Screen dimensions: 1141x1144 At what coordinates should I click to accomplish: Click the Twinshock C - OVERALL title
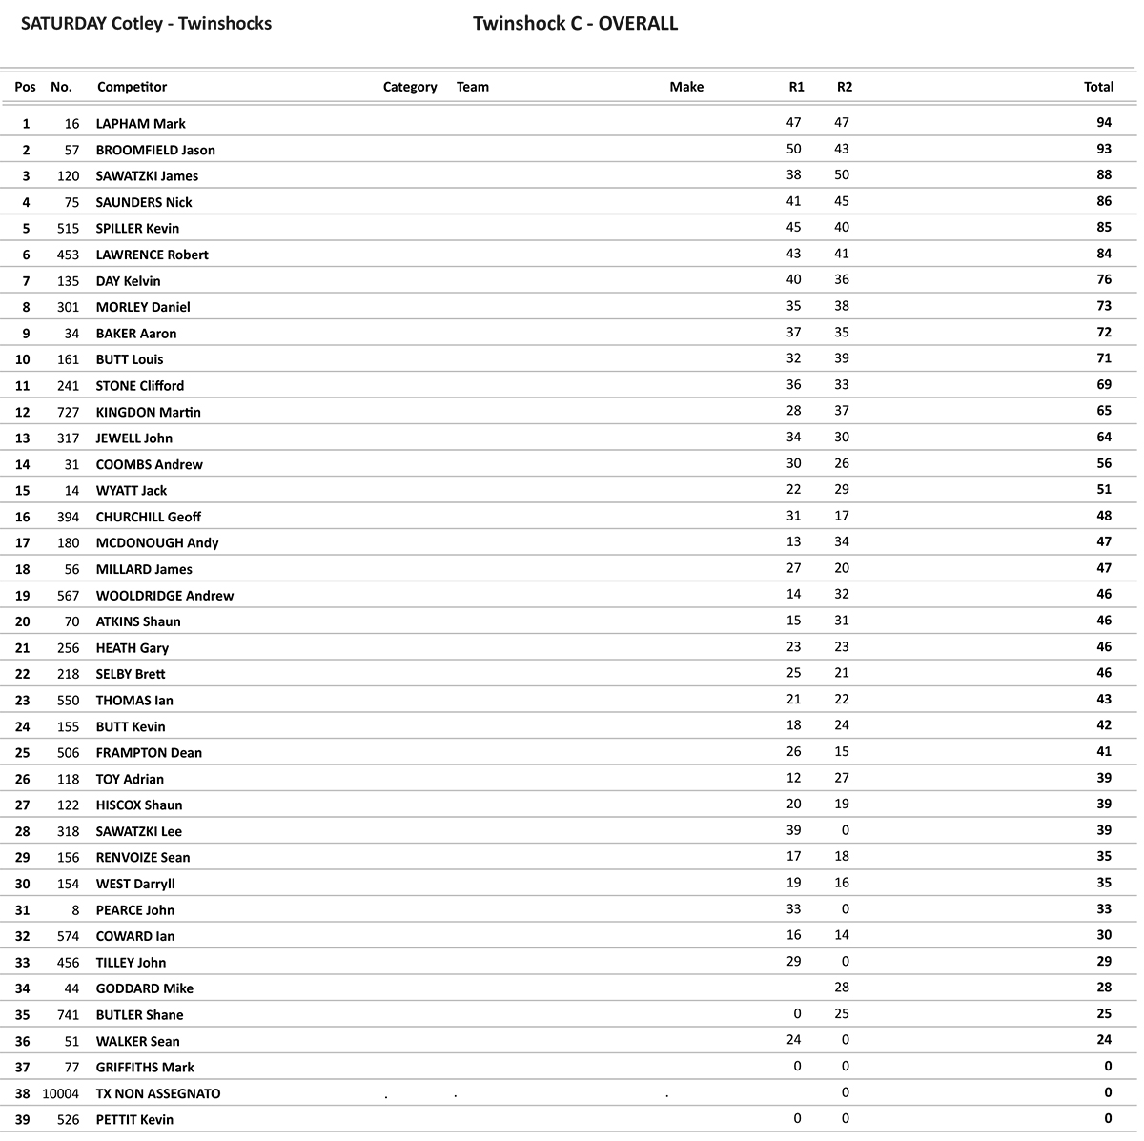[x=575, y=24]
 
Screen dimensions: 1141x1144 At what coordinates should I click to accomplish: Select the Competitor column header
[x=132, y=87]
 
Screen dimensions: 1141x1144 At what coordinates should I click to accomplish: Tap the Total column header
[x=1098, y=87]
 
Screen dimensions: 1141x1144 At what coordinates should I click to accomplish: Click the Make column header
[x=686, y=87]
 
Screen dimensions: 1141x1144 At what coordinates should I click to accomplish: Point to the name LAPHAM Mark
[x=140, y=124]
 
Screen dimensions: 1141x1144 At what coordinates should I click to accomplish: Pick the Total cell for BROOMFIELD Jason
[x=1104, y=150]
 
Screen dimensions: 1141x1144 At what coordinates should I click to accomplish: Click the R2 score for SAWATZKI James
[x=842, y=175]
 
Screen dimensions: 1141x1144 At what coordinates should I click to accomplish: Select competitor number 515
[x=68, y=229]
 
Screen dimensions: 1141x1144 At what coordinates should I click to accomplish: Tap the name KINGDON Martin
[x=148, y=412]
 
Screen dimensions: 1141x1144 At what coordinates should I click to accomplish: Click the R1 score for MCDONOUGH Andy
[x=794, y=542]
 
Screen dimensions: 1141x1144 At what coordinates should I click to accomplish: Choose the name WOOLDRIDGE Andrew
[x=164, y=596]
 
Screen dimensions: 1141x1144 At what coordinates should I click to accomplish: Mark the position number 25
[x=23, y=753]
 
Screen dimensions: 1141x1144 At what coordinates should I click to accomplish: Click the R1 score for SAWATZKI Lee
[x=794, y=830]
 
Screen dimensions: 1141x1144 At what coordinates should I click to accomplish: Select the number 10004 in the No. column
[x=61, y=1094]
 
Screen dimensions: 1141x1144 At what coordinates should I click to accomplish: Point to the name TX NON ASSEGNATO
[x=157, y=1094]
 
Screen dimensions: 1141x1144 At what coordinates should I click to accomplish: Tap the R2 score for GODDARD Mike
[x=842, y=988]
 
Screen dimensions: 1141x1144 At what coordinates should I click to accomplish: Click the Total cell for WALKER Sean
[x=1104, y=1040]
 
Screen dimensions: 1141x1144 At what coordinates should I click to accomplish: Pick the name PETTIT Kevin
[x=134, y=1120]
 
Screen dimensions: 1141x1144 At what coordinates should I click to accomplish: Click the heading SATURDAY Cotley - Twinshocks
[x=146, y=24]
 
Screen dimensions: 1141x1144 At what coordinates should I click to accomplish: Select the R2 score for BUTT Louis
[x=842, y=358]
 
